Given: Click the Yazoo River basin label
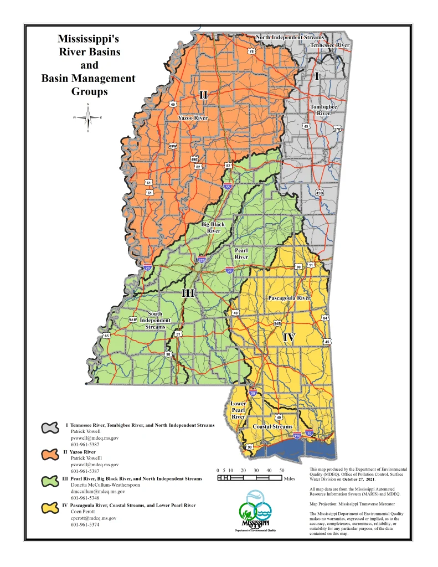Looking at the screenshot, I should coord(193,118).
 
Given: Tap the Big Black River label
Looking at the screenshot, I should coord(213,228).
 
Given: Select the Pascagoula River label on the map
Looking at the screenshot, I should coord(289,298).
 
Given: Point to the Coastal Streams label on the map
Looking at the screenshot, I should coord(272,427).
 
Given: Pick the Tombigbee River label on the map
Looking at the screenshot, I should coord(324,110).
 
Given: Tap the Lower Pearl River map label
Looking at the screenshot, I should coord(238,410).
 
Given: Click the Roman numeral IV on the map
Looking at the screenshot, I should coord(289,337).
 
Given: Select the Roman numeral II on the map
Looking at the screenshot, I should coord(203,95).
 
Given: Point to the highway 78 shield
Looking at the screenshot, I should coord(251,51).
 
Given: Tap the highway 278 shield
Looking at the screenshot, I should coord(337,129).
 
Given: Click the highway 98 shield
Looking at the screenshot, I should coord(168,354).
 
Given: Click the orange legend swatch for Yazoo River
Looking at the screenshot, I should coord(50,454).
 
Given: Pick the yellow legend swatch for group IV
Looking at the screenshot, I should coord(50,507).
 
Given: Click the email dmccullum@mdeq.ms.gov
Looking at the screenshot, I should coord(97,491).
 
